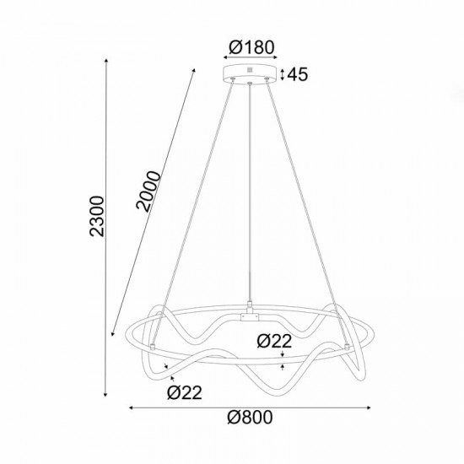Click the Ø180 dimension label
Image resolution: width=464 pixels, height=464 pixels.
(252, 47)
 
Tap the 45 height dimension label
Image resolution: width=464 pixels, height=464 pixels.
(298, 74)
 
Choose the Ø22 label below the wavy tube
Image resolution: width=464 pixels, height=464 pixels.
(185, 391)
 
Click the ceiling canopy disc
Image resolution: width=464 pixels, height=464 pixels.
(252, 73)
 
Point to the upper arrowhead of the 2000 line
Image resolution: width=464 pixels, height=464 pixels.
(194, 71)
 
